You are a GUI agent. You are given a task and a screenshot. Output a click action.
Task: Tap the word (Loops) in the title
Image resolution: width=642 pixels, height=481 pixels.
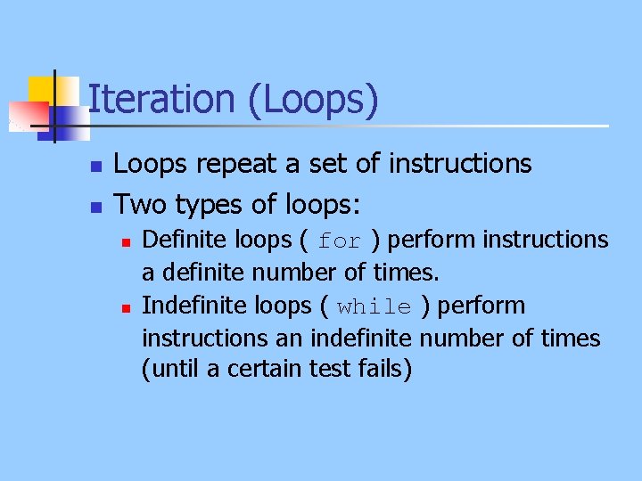(x=314, y=101)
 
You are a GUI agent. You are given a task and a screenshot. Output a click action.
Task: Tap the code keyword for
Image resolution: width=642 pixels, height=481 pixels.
(x=339, y=241)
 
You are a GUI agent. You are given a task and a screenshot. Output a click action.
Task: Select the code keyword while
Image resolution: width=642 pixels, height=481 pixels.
(x=374, y=307)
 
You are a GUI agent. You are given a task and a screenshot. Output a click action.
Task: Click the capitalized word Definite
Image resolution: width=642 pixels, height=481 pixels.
(x=185, y=240)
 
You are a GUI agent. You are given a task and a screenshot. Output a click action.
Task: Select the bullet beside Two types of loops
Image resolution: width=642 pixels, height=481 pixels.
(x=95, y=208)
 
